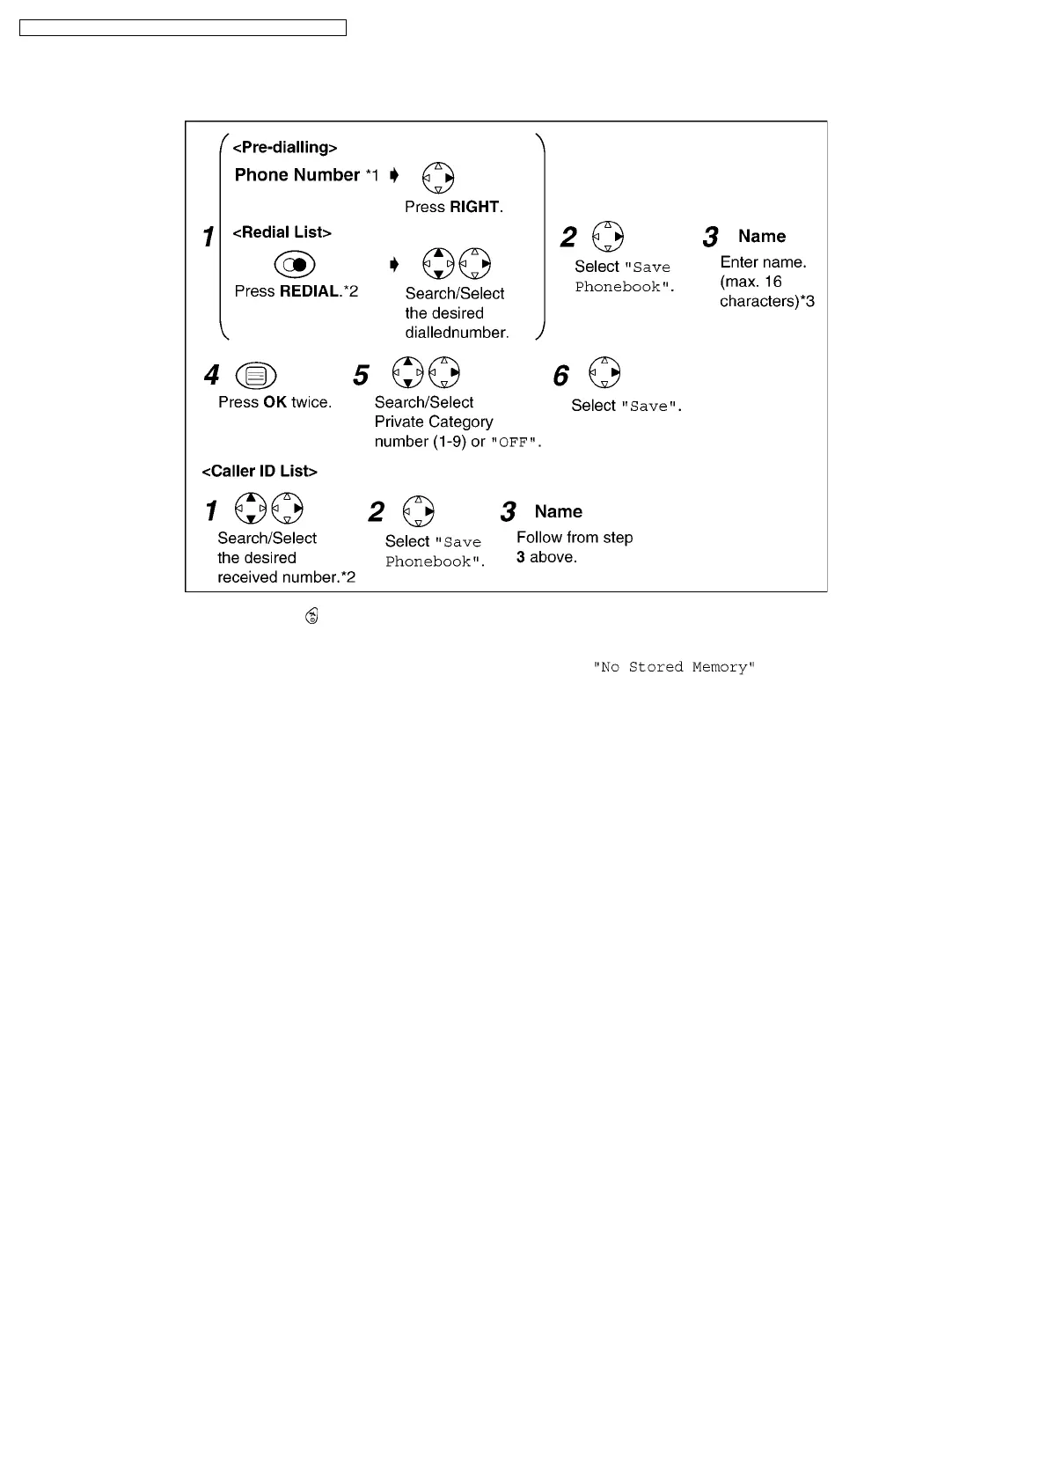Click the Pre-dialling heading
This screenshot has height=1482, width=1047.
click(284, 148)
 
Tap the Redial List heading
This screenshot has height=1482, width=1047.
click(282, 232)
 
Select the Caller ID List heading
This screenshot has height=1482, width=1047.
click(260, 471)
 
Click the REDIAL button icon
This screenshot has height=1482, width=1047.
click(295, 264)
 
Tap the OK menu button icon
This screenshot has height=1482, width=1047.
click(256, 376)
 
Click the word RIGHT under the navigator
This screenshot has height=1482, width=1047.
click(474, 207)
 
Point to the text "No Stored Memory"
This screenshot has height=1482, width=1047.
click(674, 667)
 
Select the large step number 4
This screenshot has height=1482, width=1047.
click(212, 376)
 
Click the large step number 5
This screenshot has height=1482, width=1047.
click(361, 376)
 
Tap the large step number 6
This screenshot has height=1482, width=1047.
click(560, 377)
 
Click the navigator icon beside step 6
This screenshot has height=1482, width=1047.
click(605, 372)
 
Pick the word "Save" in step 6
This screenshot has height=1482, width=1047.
click(650, 407)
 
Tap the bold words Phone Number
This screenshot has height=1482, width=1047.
click(297, 175)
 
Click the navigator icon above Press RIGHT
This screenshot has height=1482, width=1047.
click(438, 178)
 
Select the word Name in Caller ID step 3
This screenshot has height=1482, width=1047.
click(558, 511)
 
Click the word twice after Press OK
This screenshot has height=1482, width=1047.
click(311, 402)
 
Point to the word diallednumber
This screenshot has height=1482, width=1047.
click(457, 333)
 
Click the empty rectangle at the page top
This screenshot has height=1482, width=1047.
click(183, 28)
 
